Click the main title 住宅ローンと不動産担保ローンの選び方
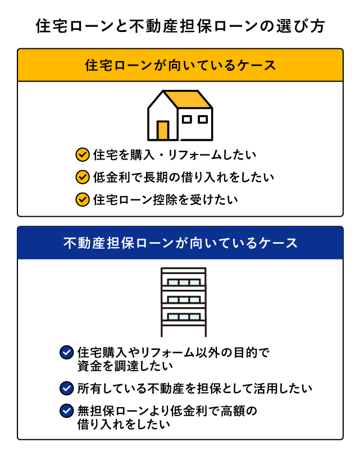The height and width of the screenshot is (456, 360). (x=180, y=26)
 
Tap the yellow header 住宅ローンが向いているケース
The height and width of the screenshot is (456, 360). (x=180, y=65)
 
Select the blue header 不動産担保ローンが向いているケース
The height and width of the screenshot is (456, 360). (x=180, y=243)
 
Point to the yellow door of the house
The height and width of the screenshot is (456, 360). (x=163, y=130)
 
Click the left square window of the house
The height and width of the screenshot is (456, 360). (x=186, y=119)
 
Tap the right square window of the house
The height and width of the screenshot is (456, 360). (x=203, y=119)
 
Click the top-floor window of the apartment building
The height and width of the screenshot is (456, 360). (x=184, y=282)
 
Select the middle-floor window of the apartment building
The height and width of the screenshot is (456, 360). (x=184, y=299)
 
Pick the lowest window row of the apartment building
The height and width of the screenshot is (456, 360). (x=184, y=316)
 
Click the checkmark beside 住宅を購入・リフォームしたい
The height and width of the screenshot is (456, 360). (x=83, y=155)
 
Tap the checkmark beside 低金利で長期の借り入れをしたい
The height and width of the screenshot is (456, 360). (x=83, y=177)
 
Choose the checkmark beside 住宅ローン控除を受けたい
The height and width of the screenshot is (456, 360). (x=83, y=199)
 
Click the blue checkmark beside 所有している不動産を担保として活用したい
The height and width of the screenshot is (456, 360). (x=67, y=388)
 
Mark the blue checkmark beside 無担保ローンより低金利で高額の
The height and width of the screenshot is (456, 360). (x=67, y=411)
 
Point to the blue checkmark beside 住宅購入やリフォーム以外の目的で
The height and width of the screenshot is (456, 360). (x=67, y=353)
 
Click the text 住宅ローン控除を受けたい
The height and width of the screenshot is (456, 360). (x=166, y=200)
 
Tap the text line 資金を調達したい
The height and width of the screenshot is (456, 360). (x=125, y=366)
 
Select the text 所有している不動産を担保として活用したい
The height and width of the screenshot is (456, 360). (x=194, y=389)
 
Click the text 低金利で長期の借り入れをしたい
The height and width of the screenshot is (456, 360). (x=184, y=177)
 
